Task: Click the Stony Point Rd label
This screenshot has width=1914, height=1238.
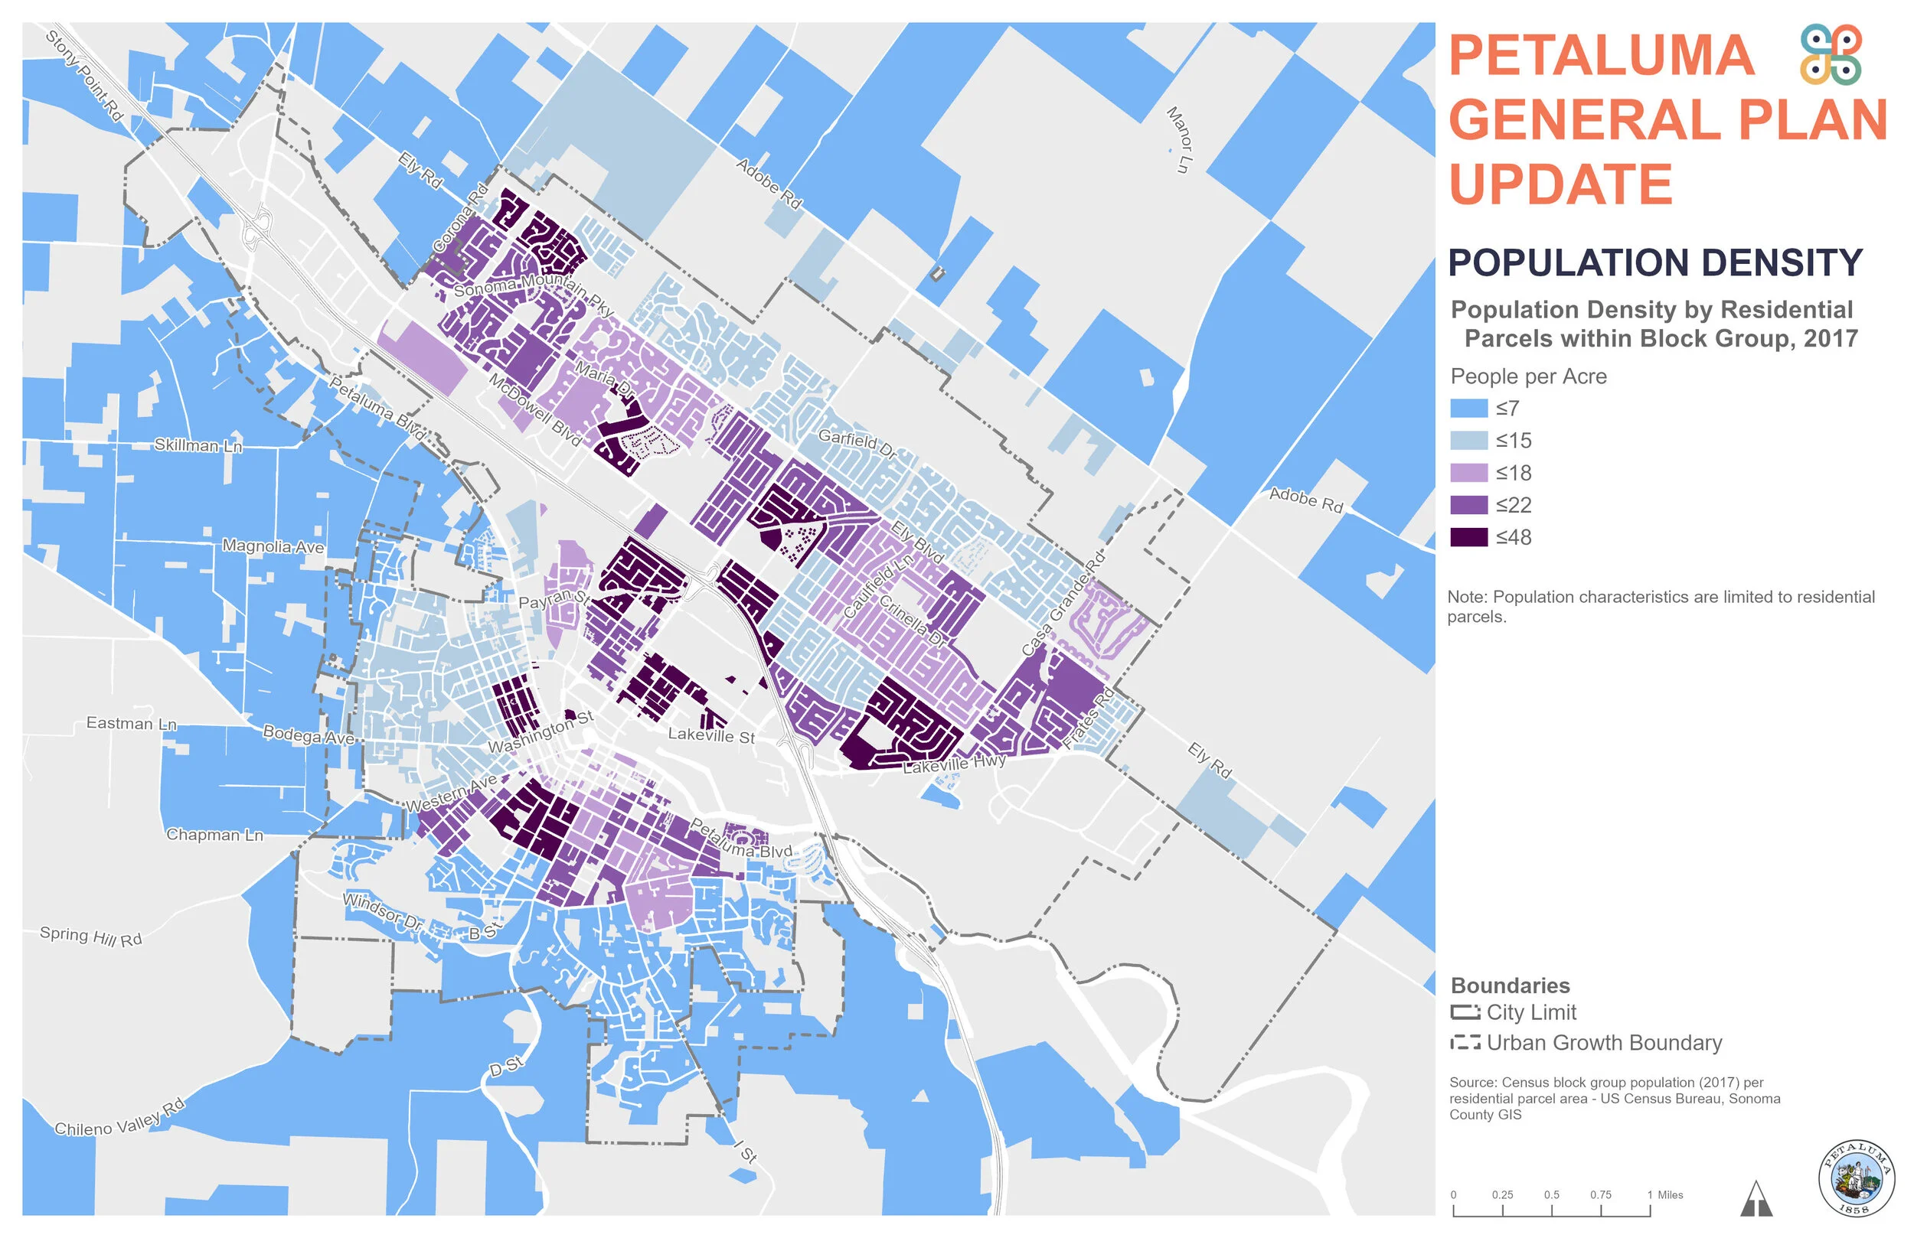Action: point(84,77)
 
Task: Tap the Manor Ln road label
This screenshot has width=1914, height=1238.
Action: point(1179,140)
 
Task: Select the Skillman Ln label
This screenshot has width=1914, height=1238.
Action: point(198,445)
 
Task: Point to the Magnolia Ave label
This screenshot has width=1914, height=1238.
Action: point(273,546)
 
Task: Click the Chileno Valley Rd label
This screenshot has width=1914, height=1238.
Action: point(119,1119)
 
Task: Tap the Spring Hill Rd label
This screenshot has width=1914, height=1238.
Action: point(91,937)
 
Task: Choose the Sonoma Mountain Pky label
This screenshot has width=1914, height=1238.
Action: point(533,293)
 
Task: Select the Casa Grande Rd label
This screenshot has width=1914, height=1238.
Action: point(1063,604)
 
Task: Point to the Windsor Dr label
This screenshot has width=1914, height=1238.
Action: point(382,911)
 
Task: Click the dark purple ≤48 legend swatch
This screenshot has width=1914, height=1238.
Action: point(1468,537)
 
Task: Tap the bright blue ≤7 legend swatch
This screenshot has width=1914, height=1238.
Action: point(1468,409)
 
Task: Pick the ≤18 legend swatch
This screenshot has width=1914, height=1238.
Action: point(1468,473)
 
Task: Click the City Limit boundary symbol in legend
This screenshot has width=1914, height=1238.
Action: point(1465,1012)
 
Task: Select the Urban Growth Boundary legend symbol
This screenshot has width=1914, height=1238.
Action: point(1465,1043)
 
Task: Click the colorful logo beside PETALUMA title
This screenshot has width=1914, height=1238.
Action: point(1831,54)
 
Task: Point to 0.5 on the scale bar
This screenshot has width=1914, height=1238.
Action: point(1551,1195)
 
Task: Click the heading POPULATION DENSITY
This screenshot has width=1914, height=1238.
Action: point(1654,263)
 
